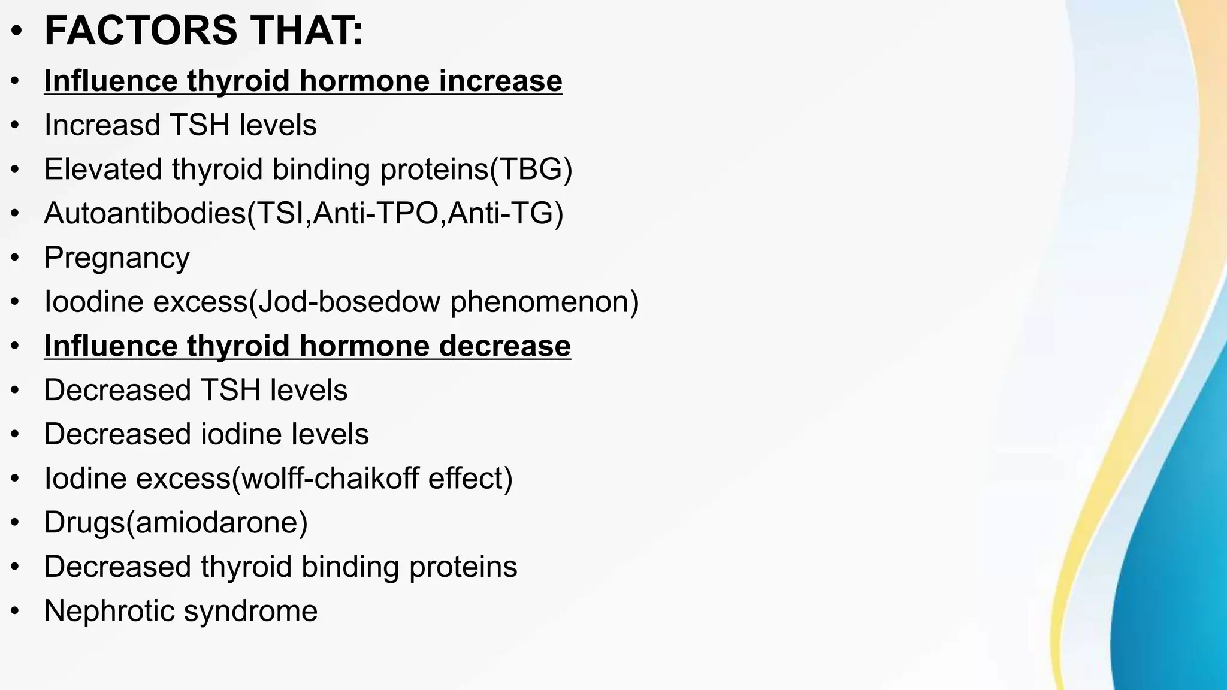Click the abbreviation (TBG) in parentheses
click(531, 169)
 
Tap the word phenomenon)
click(545, 301)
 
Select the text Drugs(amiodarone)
click(176, 522)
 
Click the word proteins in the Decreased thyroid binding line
click(463, 567)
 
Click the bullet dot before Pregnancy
click(16, 258)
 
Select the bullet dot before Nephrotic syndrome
click(16, 612)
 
